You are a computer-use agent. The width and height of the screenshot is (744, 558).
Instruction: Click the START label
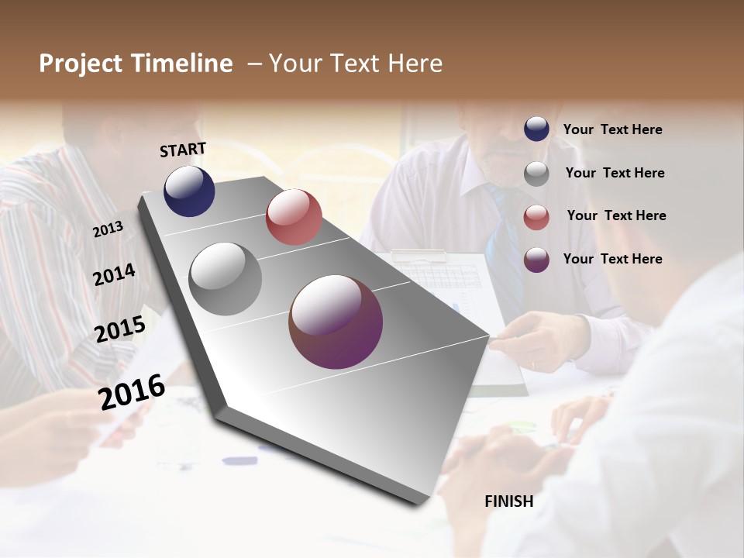[x=183, y=150]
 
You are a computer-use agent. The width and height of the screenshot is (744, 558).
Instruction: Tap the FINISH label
[x=509, y=501]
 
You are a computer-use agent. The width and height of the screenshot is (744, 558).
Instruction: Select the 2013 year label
[x=108, y=229]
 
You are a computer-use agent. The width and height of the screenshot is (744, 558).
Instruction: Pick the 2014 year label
[x=114, y=274]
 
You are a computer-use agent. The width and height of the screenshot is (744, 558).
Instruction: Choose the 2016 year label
[x=132, y=391]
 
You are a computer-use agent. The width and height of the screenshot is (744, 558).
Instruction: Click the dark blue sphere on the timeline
[x=189, y=191]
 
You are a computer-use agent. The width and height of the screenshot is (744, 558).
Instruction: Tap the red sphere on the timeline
[x=294, y=217]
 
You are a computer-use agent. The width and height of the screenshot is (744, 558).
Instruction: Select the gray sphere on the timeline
[x=226, y=278]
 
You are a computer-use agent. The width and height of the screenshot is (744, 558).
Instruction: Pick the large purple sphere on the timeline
[x=336, y=322]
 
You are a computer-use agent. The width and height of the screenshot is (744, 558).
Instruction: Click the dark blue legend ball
[x=536, y=129]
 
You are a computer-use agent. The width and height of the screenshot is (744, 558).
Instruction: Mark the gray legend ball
[x=536, y=173]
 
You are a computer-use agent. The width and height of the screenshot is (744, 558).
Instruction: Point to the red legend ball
[x=536, y=216]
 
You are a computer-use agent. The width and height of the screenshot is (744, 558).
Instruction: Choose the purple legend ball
[x=536, y=260]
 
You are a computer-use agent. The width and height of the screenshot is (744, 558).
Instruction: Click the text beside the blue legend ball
[x=613, y=129]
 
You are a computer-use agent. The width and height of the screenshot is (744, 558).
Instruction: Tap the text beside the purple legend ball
[x=613, y=259]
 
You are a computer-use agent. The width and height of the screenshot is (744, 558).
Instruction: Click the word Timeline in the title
[x=183, y=64]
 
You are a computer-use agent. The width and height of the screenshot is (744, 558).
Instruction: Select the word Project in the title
[x=81, y=64]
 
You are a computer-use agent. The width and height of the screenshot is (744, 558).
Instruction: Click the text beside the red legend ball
[x=616, y=215]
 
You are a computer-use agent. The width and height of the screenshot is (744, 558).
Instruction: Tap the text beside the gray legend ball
[x=615, y=173]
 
